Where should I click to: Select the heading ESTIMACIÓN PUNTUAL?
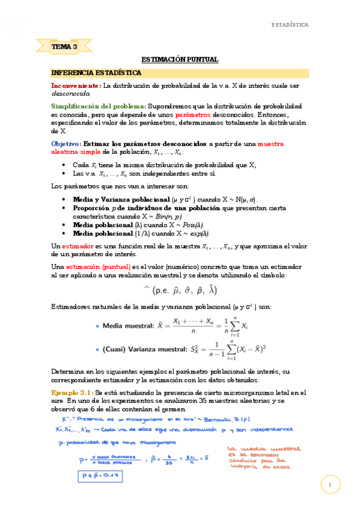[180, 60]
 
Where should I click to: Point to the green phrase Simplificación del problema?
[99, 105]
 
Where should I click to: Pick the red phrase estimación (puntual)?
[92, 266]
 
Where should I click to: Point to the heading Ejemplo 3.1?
[71, 393]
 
